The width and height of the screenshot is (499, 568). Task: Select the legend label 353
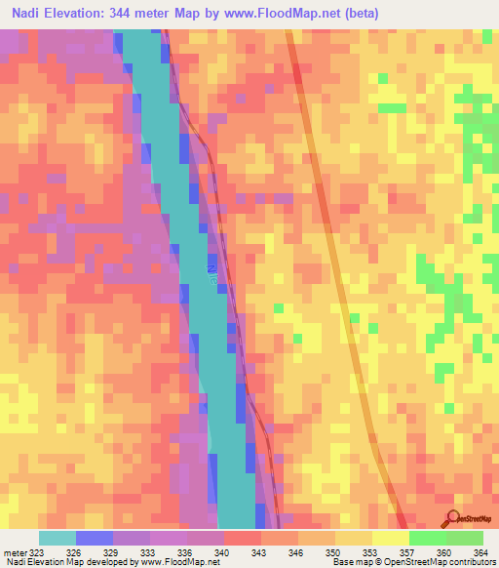click(x=369, y=552)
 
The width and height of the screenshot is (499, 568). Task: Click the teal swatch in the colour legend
click(x=58, y=538)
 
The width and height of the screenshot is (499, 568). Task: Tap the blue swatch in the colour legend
click(x=95, y=538)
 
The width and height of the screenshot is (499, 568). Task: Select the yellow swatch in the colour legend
click(x=390, y=538)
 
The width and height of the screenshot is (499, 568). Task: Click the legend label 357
click(x=405, y=552)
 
